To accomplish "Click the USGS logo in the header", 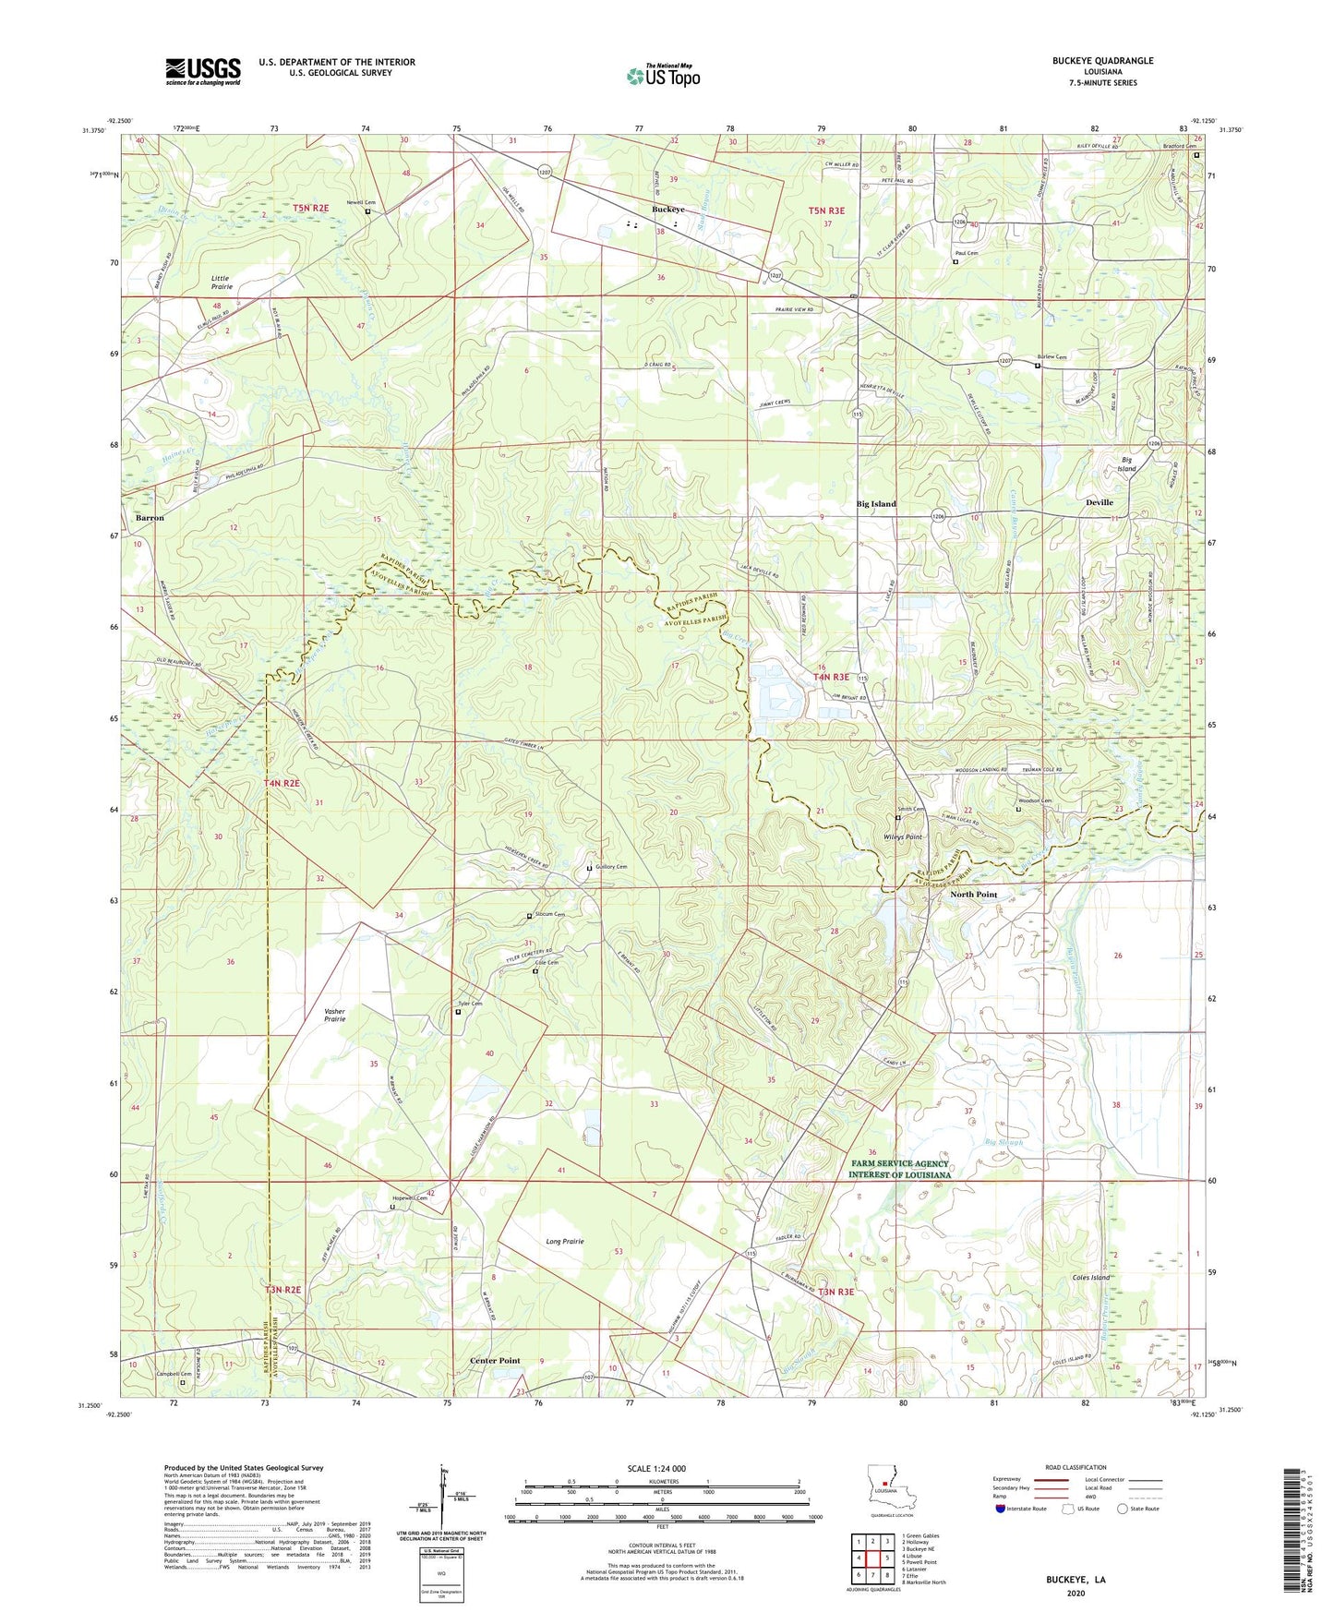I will point(203,71).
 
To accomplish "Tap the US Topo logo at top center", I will point(663,76).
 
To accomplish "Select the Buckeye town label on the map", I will point(668,210).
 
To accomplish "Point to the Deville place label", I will point(1099,502).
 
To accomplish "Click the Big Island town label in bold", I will point(876,504).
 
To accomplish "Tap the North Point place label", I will point(974,895).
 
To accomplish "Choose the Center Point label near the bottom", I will point(495,1361).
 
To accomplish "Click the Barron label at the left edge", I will point(150,518).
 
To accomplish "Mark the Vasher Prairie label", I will point(334,1015).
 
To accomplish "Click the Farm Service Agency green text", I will point(900,1169).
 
